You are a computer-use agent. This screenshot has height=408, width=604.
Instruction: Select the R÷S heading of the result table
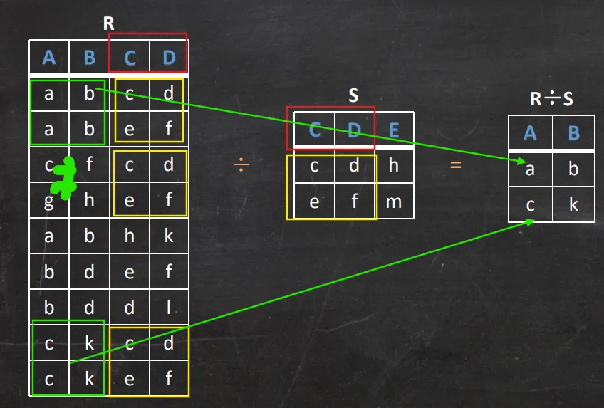551,99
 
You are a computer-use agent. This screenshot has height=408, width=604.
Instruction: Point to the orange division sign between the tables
241,166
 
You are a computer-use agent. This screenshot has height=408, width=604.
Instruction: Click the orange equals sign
455,166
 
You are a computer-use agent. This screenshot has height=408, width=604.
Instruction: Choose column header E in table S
394,130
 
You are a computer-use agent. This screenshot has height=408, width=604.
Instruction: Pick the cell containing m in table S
394,202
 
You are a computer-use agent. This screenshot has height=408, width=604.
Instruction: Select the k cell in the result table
573,204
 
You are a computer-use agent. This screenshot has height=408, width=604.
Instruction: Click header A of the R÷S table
529,132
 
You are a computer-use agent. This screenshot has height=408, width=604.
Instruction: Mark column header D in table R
169,57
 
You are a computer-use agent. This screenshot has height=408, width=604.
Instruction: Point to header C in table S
314,130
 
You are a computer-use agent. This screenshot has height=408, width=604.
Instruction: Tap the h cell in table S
394,166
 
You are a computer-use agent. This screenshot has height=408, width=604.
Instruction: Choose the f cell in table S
354,202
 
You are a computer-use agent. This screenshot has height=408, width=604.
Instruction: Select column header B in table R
89,57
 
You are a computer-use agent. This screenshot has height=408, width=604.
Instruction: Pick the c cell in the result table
529,204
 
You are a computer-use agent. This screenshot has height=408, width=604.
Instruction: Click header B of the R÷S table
573,132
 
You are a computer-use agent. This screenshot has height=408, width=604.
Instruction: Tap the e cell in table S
314,202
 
